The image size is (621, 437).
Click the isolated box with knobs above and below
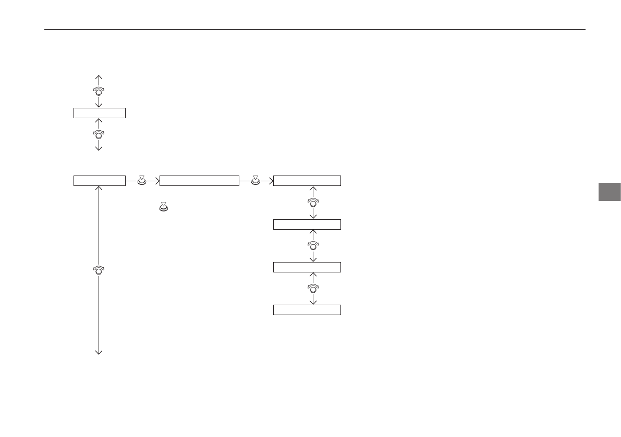point(99,113)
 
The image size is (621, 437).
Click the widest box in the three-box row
point(199,181)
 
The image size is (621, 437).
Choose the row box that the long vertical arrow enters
point(99,181)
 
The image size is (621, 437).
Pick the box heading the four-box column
point(307,181)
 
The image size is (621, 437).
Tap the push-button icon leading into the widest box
point(142,180)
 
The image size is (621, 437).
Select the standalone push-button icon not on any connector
point(163,207)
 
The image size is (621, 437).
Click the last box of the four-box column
point(307,310)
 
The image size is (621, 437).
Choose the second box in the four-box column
point(307,224)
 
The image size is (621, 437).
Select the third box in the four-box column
point(307,267)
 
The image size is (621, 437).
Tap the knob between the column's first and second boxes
point(313,202)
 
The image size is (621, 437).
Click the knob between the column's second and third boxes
point(313,245)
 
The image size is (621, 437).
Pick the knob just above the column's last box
point(313,288)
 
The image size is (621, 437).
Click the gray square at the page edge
point(608,192)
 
